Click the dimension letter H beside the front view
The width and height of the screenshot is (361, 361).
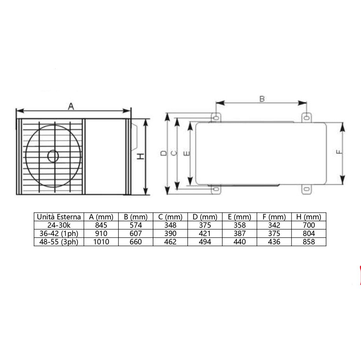[140, 156]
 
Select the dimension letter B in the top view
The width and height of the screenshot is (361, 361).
[262, 98]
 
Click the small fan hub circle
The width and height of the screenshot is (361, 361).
[54, 156]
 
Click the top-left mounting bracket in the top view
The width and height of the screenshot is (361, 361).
[216, 117]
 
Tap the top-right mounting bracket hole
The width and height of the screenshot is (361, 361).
[306, 117]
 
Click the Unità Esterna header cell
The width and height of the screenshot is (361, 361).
[59, 217]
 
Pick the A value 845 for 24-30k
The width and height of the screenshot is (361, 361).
[101, 225]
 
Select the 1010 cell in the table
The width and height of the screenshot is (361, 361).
[101, 242]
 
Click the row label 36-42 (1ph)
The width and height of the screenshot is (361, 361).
[59, 233]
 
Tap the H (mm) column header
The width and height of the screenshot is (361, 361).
[309, 217]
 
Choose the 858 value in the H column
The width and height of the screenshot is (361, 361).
[309, 242]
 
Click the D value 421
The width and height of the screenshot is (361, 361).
[205, 233]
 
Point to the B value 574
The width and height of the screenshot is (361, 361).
[136, 225]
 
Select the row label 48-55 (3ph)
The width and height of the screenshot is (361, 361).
[59, 242]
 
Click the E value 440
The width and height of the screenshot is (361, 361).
[239, 242]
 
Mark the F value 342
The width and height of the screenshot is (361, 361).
[274, 225]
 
